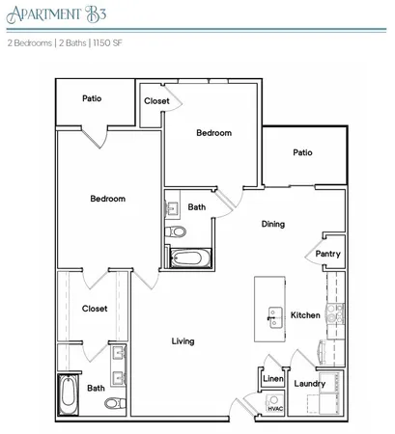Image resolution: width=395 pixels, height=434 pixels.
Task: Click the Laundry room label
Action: click(309, 383)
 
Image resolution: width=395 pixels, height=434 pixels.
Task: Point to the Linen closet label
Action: click(272, 379)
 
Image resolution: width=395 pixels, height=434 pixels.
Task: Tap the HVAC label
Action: click(273, 408)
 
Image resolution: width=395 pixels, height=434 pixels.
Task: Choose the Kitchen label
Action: click(305, 315)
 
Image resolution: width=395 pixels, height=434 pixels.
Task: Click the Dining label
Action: click(272, 224)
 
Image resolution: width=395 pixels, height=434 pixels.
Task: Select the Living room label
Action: click(183, 340)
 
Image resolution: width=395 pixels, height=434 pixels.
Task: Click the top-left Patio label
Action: click(92, 97)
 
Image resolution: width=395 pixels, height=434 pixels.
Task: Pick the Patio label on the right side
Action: click(302, 151)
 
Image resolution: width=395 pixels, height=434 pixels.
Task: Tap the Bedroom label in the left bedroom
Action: click(107, 199)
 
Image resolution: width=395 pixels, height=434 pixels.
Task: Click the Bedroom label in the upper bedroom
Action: click(213, 133)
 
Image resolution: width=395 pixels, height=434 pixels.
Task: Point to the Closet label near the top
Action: click(157, 100)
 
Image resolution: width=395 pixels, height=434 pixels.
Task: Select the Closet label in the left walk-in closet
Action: click(94, 309)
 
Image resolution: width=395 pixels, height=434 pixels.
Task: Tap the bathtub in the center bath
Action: click(187, 257)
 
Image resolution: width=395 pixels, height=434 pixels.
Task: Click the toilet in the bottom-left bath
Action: click(112, 403)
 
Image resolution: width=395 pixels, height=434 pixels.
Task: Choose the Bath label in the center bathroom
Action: click(196, 206)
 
